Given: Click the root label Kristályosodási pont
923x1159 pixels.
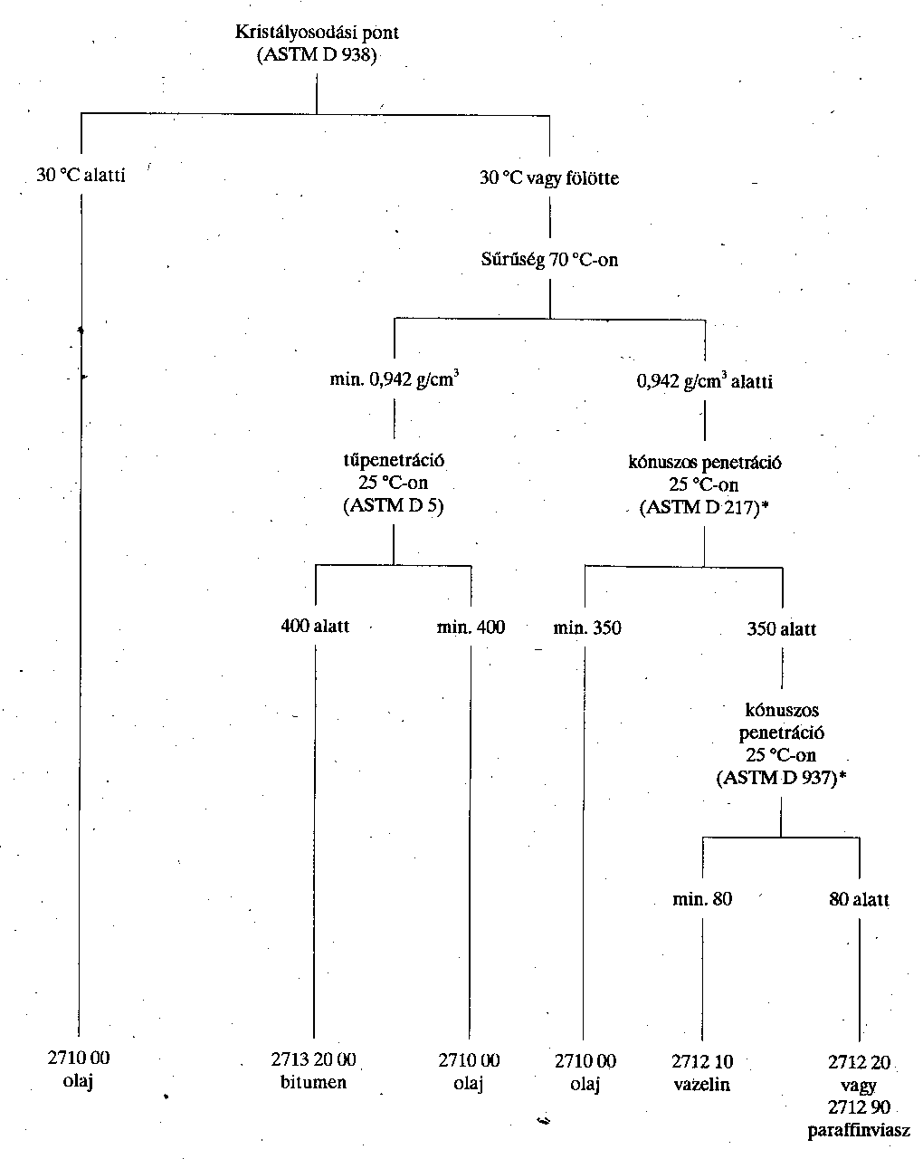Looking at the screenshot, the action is click(x=317, y=33).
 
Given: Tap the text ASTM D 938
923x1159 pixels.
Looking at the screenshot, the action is click(x=317, y=55).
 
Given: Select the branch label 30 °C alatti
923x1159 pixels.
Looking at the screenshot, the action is click(x=81, y=175).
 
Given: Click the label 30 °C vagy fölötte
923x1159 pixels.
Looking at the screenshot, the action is click(x=549, y=177).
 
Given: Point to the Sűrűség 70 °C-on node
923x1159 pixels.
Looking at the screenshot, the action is click(x=549, y=260).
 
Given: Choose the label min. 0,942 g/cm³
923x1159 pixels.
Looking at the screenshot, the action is click(x=394, y=379).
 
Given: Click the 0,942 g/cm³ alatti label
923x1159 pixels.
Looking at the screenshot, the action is click(x=705, y=381).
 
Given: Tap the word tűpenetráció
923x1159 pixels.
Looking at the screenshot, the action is click(x=394, y=460).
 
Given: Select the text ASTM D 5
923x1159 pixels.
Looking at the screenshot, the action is click(x=394, y=505).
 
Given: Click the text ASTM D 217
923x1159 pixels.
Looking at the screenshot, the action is click(x=699, y=507).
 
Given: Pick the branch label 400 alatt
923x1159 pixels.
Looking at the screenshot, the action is click(x=315, y=626).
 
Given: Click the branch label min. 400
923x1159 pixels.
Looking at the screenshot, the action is click(x=471, y=627).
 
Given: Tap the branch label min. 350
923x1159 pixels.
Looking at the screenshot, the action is click(x=587, y=627).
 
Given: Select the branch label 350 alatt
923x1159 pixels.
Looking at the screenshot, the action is click(x=782, y=628).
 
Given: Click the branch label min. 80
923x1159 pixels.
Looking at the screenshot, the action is click(x=702, y=899).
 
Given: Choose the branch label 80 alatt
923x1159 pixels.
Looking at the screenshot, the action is click(x=859, y=899).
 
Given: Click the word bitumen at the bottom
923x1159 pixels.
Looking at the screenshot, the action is click(x=313, y=1082).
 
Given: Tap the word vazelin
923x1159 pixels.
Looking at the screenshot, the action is click(x=702, y=1084).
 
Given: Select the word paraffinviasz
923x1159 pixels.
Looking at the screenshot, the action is click(x=859, y=1130).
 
